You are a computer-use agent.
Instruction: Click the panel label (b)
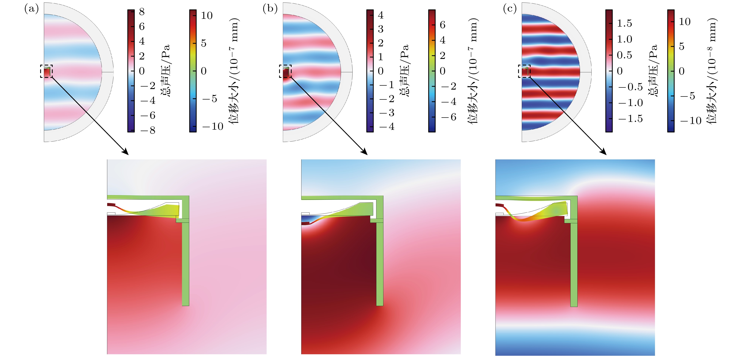pos(270,9)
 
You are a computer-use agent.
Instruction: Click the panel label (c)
pos(510,9)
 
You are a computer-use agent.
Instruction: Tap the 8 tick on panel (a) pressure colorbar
pos(142,12)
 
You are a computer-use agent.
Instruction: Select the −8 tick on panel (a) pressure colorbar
pos(148,130)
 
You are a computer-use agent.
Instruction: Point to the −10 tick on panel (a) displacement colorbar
pos(213,126)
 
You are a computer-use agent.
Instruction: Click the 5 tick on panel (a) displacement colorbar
pos(204,43)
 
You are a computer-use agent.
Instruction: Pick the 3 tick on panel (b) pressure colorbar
pos(380,29)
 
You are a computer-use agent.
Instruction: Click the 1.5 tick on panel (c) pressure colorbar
pos(624,23)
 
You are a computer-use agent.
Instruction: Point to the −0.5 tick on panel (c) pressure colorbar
pos(630,87)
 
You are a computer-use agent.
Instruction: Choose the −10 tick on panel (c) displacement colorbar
pos(691,120)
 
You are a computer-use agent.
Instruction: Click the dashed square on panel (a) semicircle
pos(46,71)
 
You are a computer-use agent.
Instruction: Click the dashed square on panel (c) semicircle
pos(524,71)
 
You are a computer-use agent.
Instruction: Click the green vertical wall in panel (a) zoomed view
pos(185,259)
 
